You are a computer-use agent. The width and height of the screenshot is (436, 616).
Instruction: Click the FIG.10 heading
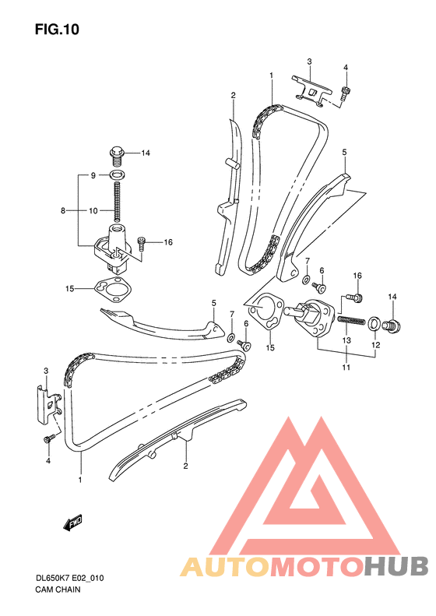tap(57, 30)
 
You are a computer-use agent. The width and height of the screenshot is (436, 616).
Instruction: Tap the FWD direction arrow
tap(72, 523)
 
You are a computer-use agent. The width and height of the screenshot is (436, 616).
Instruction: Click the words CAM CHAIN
tap(58, 590)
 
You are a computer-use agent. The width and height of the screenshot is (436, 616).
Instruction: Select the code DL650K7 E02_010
tap(69, 578)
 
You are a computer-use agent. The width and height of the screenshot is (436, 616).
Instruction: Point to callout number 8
tap(63, 211)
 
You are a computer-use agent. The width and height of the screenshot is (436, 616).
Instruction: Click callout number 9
tap(93, 175)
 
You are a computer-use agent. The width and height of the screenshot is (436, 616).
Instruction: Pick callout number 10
tap(93, 211)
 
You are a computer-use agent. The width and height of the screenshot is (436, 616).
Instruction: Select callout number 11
tap(346, 368)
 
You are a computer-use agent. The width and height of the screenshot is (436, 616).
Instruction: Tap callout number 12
tap(376, 345)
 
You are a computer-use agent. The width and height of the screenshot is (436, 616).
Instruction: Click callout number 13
tap(346, 340)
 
